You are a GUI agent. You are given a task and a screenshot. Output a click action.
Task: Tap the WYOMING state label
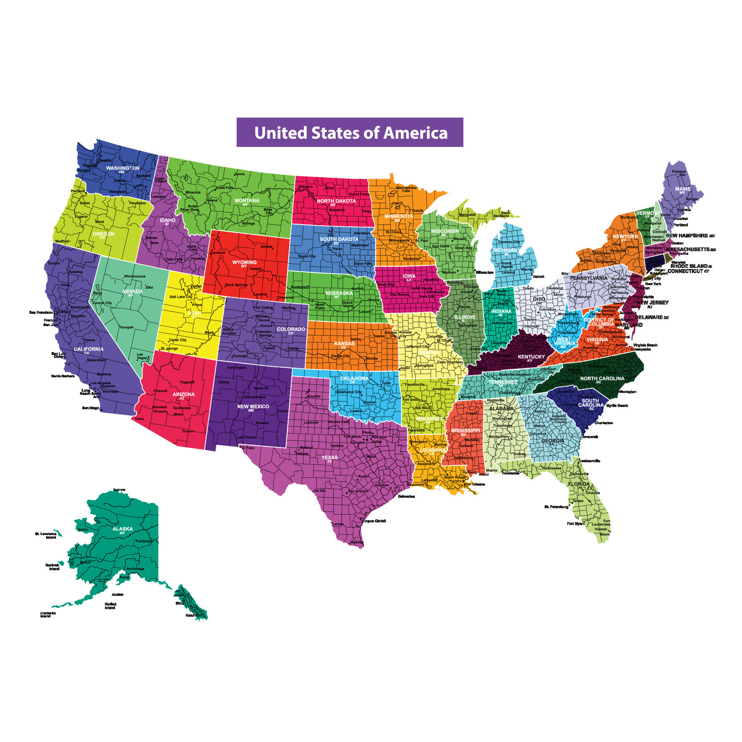click(x=244, y=263)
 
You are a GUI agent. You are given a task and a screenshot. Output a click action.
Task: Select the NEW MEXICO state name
click(x=253, y=407)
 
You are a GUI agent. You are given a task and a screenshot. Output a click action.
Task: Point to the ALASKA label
click(x=123, y=529)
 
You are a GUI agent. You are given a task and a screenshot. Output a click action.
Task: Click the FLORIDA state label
click(x=579, y=484)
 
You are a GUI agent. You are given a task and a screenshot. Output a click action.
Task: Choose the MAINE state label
click(x=683, y=189)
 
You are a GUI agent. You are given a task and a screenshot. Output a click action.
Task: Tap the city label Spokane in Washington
click(x=143, y=176)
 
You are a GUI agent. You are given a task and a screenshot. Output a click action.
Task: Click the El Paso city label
click(x=248, y=448)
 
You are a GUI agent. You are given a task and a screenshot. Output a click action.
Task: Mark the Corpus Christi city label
click(x=374, y=521)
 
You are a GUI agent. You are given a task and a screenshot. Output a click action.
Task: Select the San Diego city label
click(x=90, y=408)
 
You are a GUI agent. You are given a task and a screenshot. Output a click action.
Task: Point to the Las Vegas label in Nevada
click(x=142, y=356)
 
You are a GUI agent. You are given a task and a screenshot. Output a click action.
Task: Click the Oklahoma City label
click(x=348, y=392)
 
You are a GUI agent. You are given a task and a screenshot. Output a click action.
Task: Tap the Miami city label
click(x=604, y=534)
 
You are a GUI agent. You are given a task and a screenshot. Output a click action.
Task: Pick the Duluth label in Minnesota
click(x=418, y=211)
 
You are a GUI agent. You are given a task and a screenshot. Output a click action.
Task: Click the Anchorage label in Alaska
click(x=135, y=569)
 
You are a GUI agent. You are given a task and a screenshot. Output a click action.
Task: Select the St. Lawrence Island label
click(x=46, y=536)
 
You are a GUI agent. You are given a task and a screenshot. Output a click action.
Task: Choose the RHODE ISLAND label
click(x=689, y=266)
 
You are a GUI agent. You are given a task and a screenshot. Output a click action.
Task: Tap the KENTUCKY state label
click(x=531, y=357)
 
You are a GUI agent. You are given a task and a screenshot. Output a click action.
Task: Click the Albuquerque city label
click(x=255, y=397)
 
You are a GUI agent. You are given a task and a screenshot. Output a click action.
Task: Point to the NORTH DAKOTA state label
click(x=336, y=201)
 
